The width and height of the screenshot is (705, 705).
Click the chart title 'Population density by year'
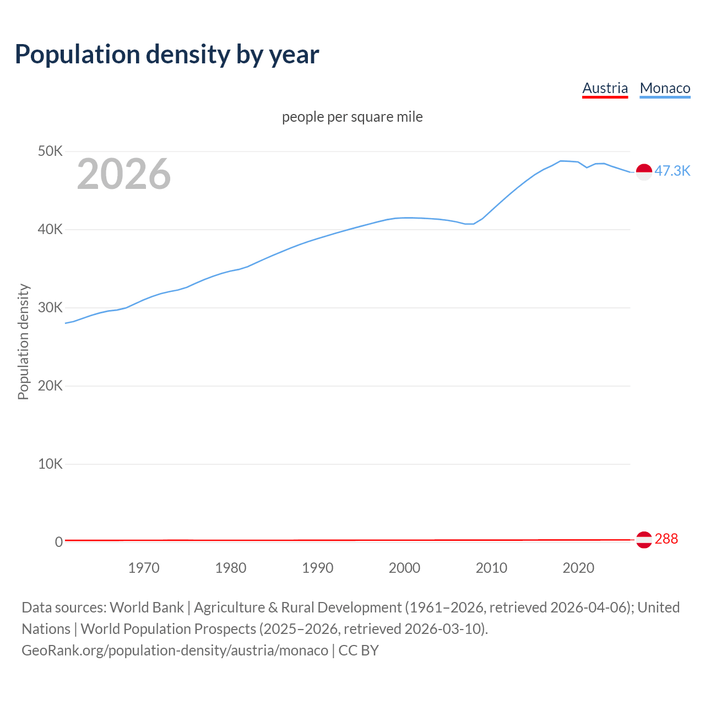[x=167, y=54]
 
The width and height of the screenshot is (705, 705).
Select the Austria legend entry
[x=605, y=88]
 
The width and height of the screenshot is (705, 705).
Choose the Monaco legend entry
[x=665, y=88]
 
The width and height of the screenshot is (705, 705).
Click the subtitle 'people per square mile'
[x=352, y=117]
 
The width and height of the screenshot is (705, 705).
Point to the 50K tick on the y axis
[x=50, y=151]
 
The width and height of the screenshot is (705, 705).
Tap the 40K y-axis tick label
[x=50, y=229]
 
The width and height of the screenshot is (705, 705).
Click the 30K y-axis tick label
[x=50, y=307]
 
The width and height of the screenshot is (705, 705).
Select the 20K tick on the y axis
[x=50, y=386]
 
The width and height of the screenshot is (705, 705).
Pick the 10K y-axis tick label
[x=50, y=464]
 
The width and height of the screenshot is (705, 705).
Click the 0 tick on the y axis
[x=58, y=542]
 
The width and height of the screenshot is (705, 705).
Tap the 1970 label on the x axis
[x=144, y=568]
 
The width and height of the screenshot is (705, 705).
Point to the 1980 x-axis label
[x=231, y=568]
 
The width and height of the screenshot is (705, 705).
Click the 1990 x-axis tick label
[x=318, y=568]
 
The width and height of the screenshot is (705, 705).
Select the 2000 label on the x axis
[x=404, y=568]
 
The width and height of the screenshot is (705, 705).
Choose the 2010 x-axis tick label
[x=491, y=568]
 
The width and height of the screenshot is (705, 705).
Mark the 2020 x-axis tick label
[x=578, y=568]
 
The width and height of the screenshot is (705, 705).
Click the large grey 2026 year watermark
[x=124, y=174]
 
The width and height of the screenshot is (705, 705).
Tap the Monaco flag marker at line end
[x=644, y=172]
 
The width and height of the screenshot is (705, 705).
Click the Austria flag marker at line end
[x=644, y=540]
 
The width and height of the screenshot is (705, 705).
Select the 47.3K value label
[x=672, y=171]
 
